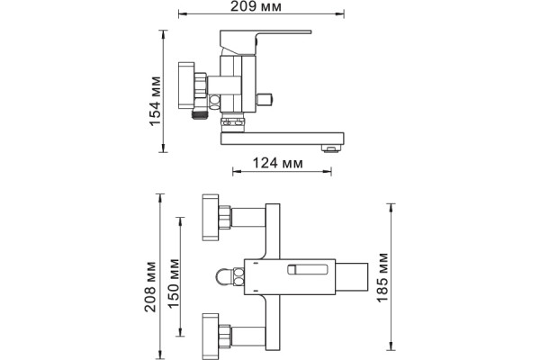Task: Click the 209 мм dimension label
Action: tap(256, 6)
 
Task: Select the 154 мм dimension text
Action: tap(156, 102)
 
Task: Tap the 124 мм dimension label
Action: tap(278, 163)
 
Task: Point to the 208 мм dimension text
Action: tap(150, 287)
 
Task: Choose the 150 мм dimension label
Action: tap(175, 283)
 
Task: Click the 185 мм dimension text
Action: tap(382, 278)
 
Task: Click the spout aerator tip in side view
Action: tap(331, 148)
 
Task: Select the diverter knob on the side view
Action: tap(265, 100)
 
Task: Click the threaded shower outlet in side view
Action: tap(201, 112)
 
